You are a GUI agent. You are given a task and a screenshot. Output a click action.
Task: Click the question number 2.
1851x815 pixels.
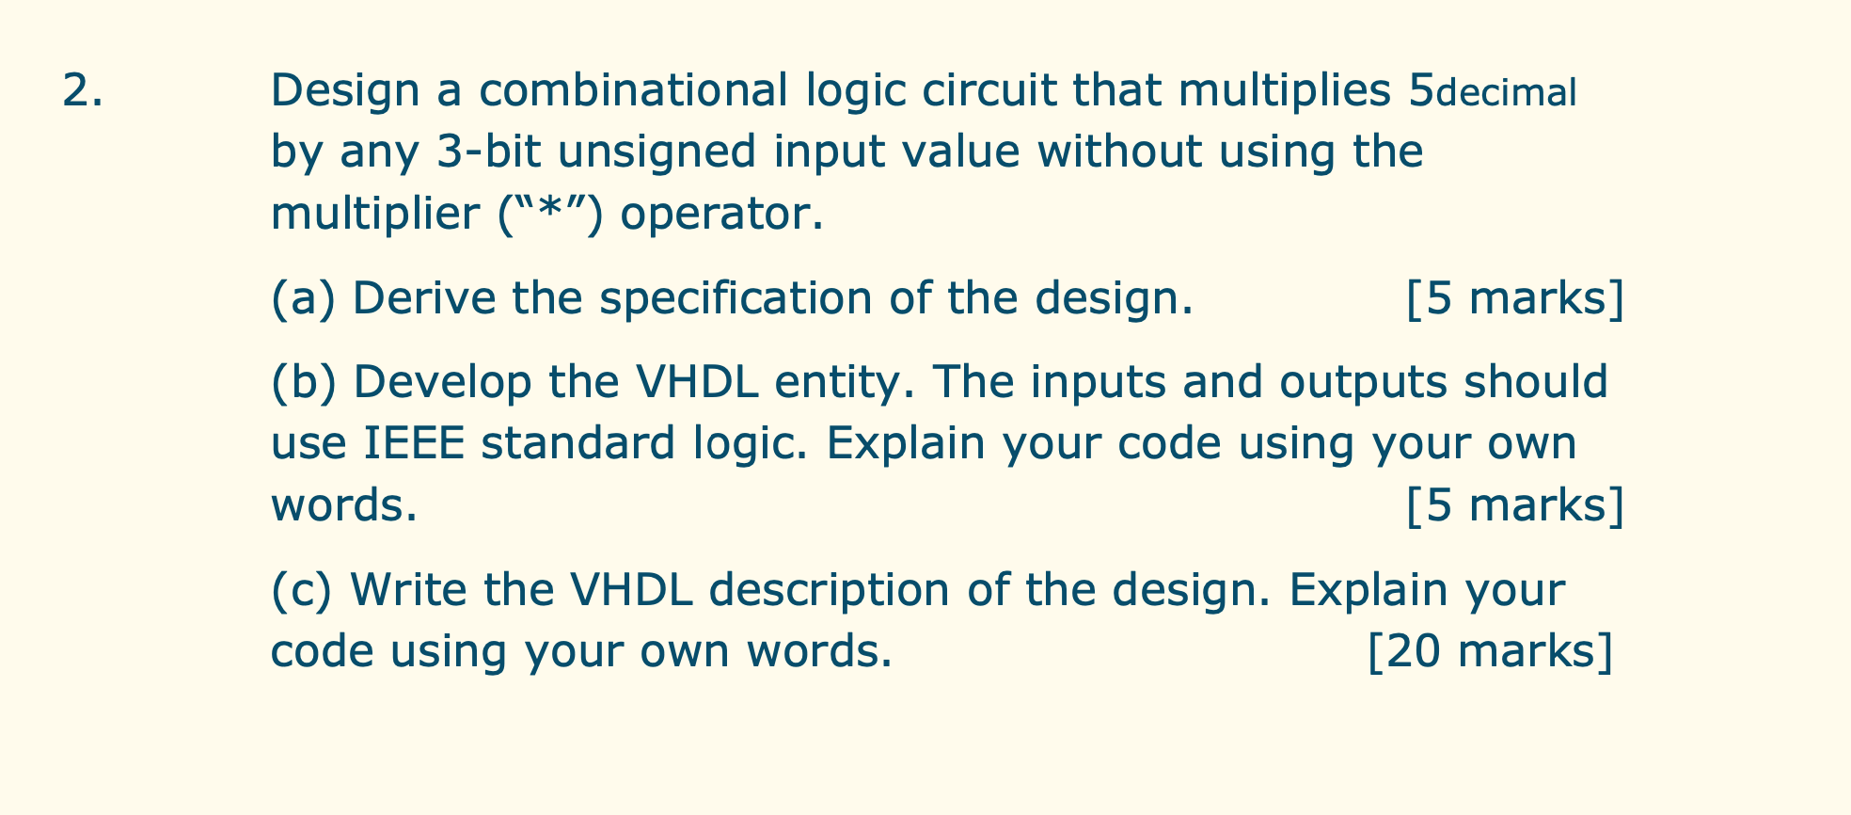click(x=82, y=90)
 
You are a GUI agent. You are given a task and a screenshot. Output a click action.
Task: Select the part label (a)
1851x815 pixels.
click(x=304, y=298)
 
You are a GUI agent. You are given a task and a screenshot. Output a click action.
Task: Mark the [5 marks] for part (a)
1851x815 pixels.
click(x=1515, y=298)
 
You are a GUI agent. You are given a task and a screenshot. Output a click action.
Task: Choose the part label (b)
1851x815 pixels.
click(x=304, y=383)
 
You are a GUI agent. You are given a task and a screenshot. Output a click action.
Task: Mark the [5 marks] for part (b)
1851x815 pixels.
click(x=1515, y=505)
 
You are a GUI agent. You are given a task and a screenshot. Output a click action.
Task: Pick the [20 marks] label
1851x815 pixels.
click(x=1490, y=650)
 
